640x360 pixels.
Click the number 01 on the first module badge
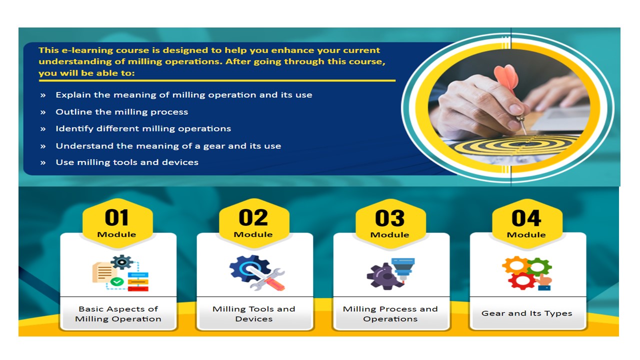pos(116,217)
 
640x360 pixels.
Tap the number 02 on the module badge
pos(253,217)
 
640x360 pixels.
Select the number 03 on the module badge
pos(389,218)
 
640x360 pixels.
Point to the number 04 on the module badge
pos(526,218)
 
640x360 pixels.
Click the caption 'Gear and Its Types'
pos(526,313)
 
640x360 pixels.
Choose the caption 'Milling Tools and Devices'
pos(253,313)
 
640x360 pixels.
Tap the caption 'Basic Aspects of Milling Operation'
pos(118,313)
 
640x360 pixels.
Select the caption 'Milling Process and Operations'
pos(390,313)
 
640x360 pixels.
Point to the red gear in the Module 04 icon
pos(522,281)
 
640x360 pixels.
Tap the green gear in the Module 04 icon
pos(539,267)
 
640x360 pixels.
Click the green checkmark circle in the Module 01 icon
pos(117,281)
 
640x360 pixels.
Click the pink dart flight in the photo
pos(506,77)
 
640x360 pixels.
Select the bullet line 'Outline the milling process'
pos(121,111)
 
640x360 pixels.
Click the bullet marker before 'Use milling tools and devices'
pos(43,163)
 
